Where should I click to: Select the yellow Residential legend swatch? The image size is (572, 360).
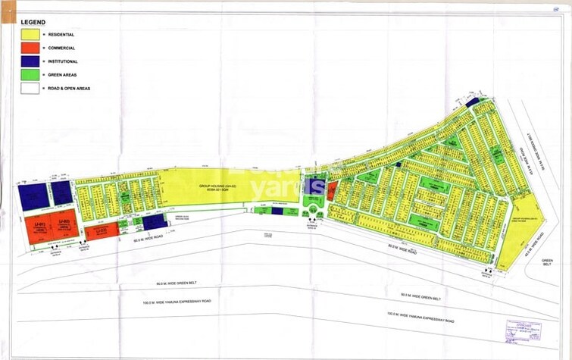tap(31, 34)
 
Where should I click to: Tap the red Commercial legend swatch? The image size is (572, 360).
tap(31, 47)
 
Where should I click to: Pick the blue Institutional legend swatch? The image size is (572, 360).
tap(31, 61)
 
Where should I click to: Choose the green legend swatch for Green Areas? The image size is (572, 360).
tap(31, 74)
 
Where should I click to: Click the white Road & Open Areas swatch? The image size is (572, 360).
tap(31, 88)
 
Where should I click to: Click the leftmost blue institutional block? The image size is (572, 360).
tap(33, 196)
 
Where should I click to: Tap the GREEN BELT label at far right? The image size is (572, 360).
tap(549, 262)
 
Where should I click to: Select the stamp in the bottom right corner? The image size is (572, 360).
tap(524, 330)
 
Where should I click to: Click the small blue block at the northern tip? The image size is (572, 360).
tap(472, 102)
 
